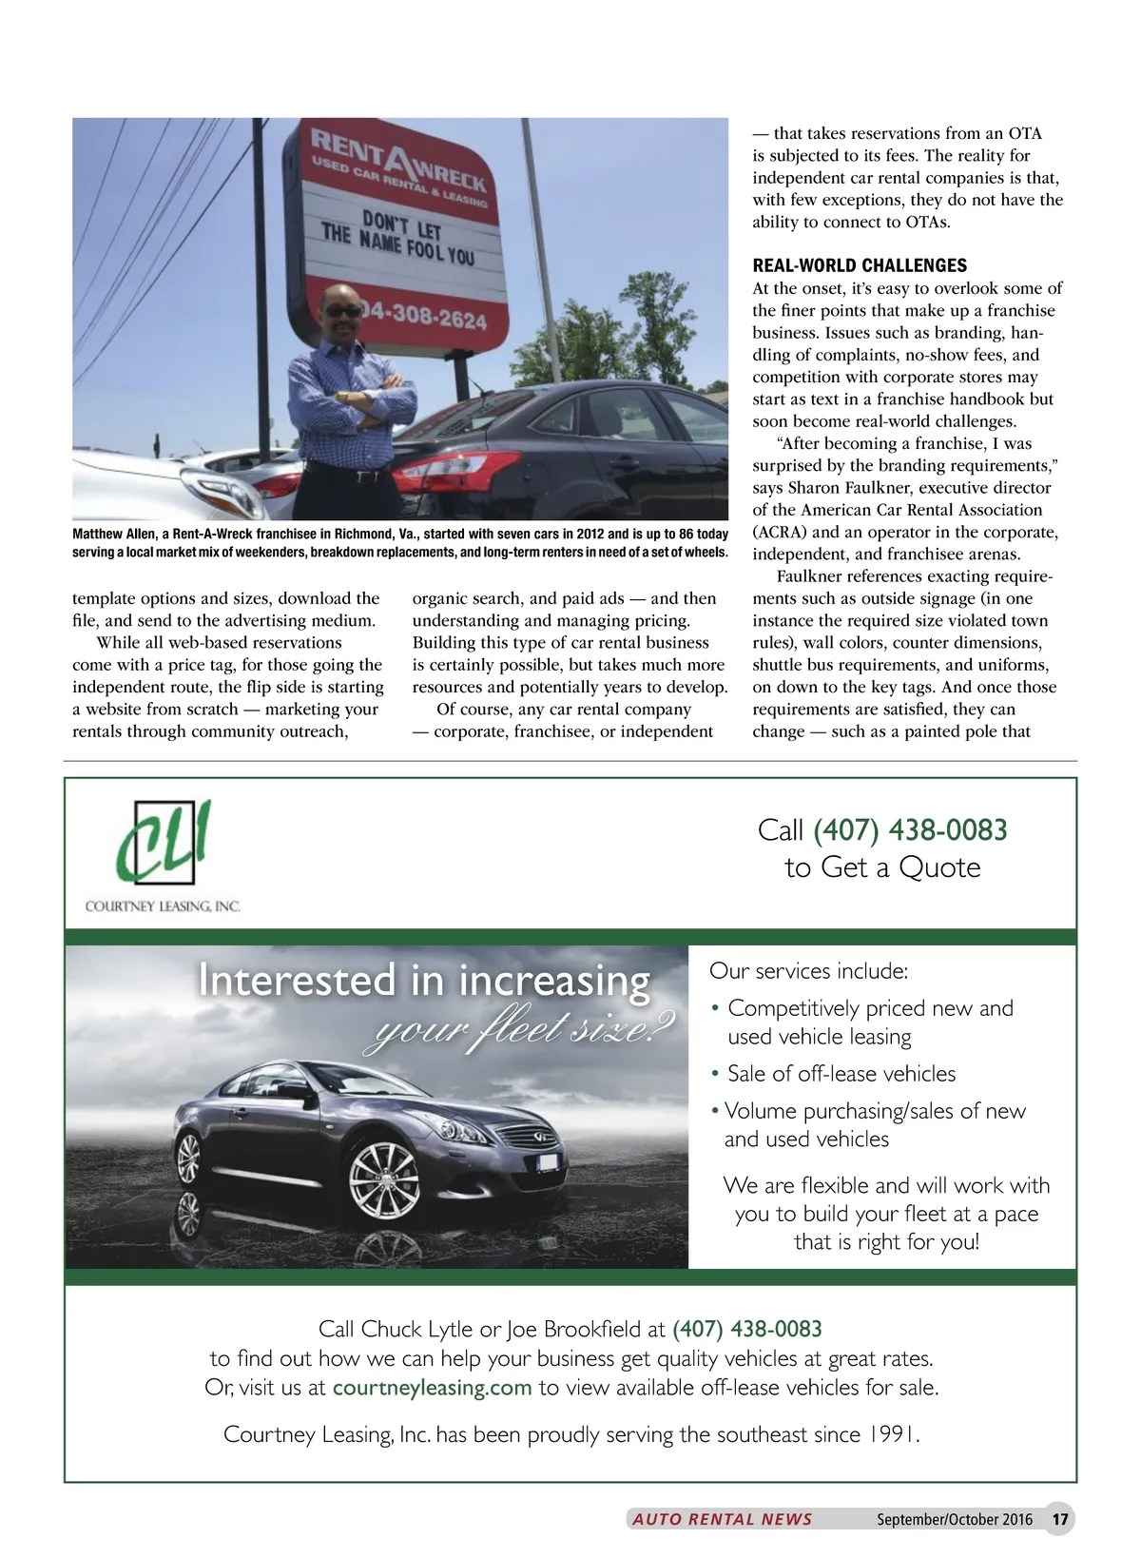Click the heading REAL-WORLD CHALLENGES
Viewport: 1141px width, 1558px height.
tap(860, 265)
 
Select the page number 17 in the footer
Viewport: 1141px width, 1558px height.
tap(1060, 1519)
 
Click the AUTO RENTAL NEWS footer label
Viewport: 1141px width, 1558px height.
tap(723, 1519)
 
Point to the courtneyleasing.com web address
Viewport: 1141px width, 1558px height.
tap(432, 1387)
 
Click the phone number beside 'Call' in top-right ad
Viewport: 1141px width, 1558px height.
tap(910, 830)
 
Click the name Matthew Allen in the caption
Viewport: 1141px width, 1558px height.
tap(114, 535)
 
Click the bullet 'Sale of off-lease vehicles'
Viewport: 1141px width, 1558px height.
tap(841, 1074)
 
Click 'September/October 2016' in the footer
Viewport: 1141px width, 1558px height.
tap(954, 1519)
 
